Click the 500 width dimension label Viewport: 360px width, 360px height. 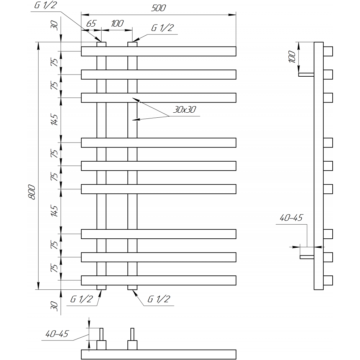click(158, 8)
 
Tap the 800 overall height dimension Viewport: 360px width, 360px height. click(32, 192)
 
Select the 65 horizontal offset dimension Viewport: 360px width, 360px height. click(91, 23)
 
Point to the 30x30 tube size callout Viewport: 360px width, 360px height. click(184, 109)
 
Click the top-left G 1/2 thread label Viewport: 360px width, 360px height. click(45, 5)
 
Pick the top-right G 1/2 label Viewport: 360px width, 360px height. click(162, 28)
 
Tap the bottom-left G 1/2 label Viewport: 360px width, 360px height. click(81, 299)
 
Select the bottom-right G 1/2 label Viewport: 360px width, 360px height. click(159, 299)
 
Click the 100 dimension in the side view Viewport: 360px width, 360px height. click(292, 57)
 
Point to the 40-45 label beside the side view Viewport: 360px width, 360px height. click(291, 218)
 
